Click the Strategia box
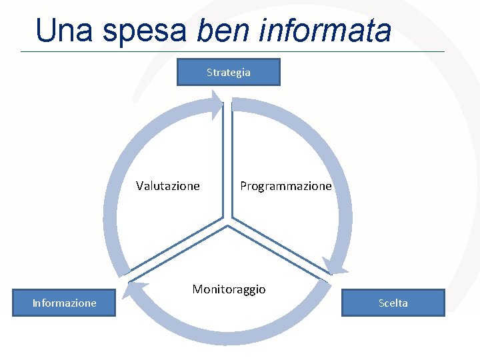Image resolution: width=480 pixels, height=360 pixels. (228, 72)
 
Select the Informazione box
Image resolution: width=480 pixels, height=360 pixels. (64, 303)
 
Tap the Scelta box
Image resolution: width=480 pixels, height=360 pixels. (393, 303)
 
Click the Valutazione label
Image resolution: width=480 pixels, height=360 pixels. (168, 186)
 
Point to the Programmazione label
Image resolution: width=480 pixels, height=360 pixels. (285, 186)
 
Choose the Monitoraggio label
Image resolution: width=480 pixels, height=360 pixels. (229, 289)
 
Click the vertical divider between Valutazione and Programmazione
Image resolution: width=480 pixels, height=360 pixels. (227, 160)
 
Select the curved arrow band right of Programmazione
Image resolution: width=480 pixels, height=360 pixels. (344, 200)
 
